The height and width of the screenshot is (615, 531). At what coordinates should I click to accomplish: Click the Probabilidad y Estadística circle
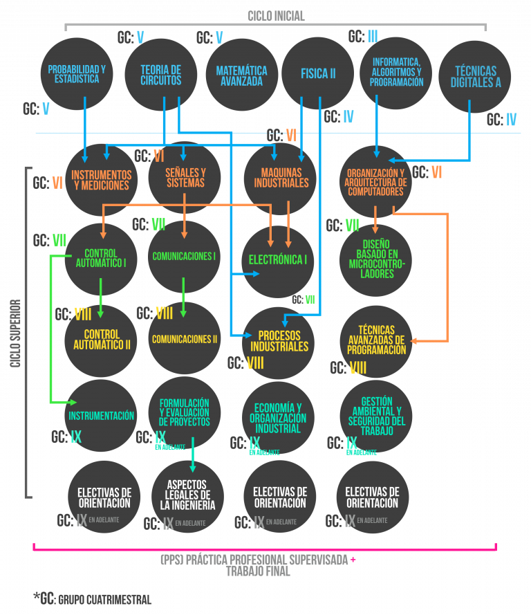(76, 74)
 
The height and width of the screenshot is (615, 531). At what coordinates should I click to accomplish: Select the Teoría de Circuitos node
(160, 74)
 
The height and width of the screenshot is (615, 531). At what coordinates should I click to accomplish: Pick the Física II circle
(318, 73)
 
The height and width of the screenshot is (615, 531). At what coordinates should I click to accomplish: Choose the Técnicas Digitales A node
(475, 76)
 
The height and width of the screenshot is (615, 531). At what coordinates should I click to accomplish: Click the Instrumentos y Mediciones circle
(101, 180)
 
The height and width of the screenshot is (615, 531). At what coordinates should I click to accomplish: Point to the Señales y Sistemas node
(185, 178)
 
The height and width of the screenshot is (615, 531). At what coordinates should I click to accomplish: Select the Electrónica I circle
(277, 260)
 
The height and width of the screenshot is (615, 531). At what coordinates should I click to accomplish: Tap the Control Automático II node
(101, 339)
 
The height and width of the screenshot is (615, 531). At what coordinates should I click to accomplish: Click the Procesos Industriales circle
(279, 340)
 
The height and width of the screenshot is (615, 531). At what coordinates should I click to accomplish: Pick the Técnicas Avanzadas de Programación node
(376, 340)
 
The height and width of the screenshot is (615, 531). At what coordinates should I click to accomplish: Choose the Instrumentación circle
(101, 416)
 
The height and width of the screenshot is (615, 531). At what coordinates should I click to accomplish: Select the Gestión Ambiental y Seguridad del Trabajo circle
(376, 416)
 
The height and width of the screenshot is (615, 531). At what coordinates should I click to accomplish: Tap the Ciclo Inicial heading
(276, 16)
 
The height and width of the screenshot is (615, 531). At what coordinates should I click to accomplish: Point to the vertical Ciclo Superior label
(15, 333)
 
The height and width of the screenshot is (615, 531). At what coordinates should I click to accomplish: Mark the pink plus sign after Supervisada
(353, 560)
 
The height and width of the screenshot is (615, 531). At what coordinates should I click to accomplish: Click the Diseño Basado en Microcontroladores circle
(376, 259)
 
